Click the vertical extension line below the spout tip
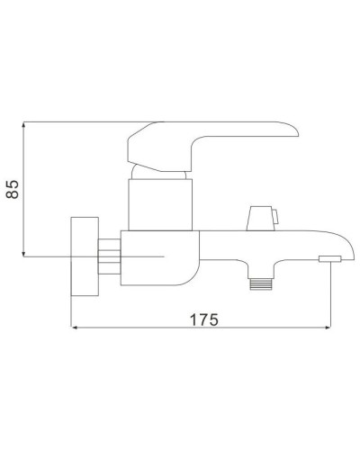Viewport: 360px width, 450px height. pyautogui.click(x=332, y=297)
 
